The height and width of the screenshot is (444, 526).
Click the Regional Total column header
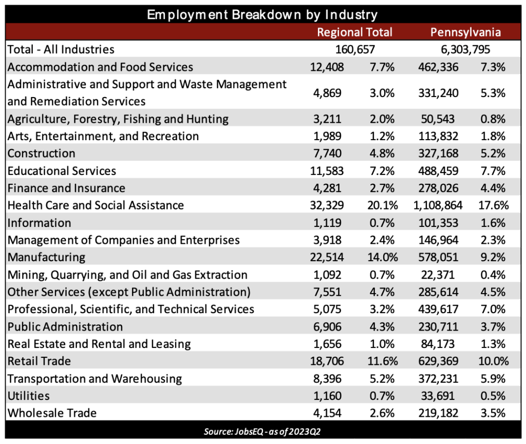tap(354, 32)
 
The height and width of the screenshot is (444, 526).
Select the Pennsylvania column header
tap(465, 32)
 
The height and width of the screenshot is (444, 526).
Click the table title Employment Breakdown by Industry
tap(262, 15)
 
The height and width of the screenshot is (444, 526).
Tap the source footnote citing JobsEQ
tap(262, 431)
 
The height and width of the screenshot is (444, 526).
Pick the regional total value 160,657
tap(355, 50)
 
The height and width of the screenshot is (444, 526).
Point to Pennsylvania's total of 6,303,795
tap(465, 50)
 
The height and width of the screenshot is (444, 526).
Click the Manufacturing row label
tap(46, 257)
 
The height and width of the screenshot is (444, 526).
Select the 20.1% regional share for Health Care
tap(382, 205)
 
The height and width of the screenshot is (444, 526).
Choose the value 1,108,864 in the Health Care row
tap(438, 205)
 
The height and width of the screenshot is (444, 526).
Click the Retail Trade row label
tap(39, 361)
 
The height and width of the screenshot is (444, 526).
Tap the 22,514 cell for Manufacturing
tap(327, 257)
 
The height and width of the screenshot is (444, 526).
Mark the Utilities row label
tap(29, 396)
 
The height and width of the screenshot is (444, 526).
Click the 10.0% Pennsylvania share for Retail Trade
tap(494, 361)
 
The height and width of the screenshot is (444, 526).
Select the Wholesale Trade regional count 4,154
tap(327, 413)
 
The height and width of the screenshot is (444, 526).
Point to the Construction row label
tap(41, 153)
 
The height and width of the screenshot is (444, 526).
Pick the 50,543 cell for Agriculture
tap(438, 119)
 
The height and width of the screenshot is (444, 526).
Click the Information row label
tap(39, 223)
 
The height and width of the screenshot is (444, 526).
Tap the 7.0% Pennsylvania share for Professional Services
tap(493, 310)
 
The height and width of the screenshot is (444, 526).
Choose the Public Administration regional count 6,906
tap(327, 327)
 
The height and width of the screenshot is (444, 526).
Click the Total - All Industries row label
tap(61, 50)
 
